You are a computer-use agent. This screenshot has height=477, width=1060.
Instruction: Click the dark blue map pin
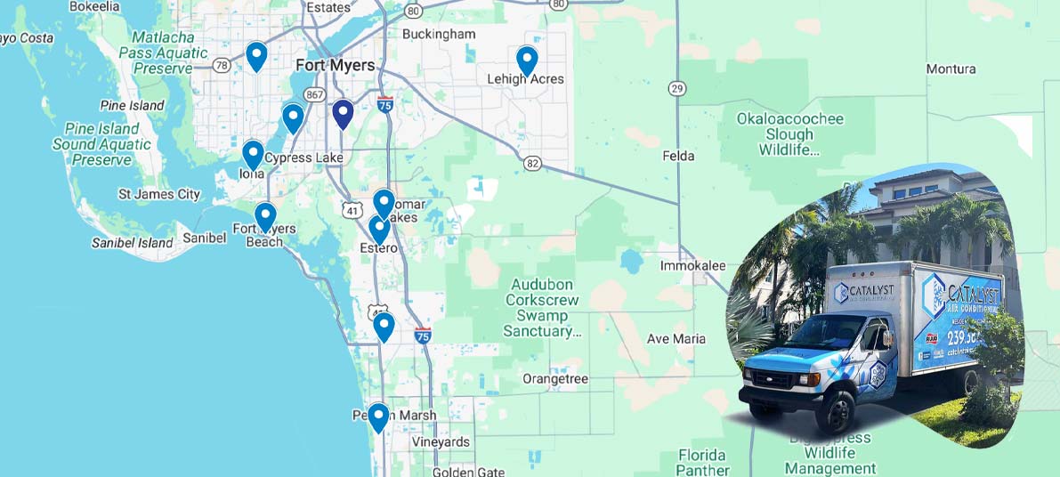[343, 114]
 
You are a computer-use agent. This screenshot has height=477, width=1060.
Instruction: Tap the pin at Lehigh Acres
[527, 61]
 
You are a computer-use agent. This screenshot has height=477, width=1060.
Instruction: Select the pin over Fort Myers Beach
[265, 216]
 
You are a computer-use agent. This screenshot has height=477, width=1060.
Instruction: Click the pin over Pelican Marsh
[378, 416]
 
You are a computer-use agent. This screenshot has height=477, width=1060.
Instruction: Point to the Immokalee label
[692, 266]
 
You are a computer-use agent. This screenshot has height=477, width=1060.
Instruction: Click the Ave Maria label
[676, 338]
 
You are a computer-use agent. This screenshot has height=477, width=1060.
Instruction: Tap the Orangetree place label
[555, 379]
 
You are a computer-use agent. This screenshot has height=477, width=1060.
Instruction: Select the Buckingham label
[439, 34]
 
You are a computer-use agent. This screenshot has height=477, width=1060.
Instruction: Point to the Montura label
[951, 69]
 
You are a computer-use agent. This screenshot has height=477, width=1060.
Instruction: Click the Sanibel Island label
[133, 243]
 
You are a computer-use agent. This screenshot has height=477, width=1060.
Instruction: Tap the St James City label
[159, 194]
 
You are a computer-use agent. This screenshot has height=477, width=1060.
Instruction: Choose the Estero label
[378, 248]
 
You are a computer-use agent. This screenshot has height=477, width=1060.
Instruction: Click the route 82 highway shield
[532, 163]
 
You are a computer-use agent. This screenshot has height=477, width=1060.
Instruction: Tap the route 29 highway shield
[678, 88]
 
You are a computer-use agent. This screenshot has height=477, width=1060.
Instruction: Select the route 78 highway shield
[222, 65]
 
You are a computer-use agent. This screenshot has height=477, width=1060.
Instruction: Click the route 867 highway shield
[313, 94]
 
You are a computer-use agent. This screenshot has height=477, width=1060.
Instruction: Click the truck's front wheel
[837, 413]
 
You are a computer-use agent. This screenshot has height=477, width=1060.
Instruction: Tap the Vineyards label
[440, 442]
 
